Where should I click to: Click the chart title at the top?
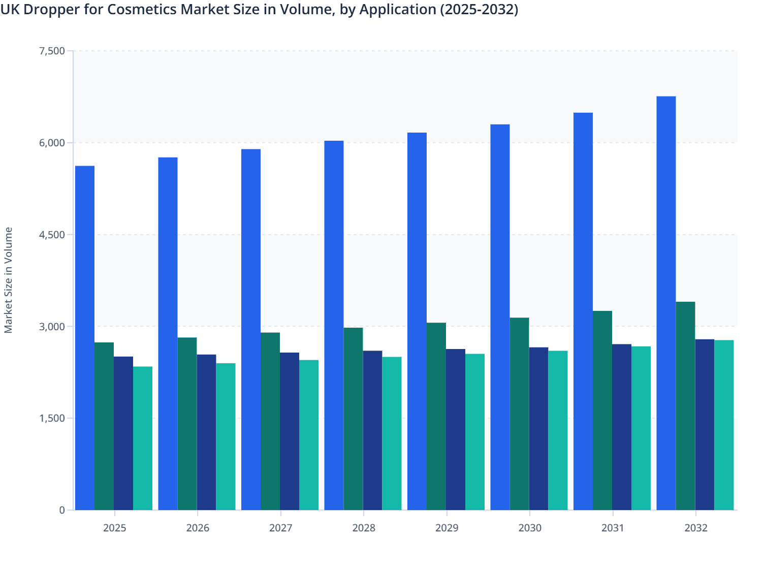(x=259, y=10)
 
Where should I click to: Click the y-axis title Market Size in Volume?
(x=8, y=280)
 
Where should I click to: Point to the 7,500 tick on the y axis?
(x=51, y=51)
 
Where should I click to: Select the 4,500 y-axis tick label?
(x=51, y=235)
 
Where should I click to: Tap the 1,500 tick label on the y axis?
(x=51, y=418)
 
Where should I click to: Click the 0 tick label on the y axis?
(x=62, y=510)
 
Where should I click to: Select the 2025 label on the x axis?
(x=114, y=528)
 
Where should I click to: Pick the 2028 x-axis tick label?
(x=364, y=528)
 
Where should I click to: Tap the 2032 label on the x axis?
(x=696, y=528)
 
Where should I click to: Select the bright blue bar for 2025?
(x=85, y=338)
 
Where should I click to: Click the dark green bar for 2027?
(x=270, y=421)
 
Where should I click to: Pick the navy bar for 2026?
(x=206, y=432)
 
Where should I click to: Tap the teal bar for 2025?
(x=143, y=438)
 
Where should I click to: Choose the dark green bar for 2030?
(x=519, y=414)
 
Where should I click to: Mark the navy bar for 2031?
(x=622, y=427)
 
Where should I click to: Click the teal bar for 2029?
(x=475, y=432)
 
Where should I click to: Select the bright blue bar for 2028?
(x=334, y=325)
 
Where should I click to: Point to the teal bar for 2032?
(x=724, y=425)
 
